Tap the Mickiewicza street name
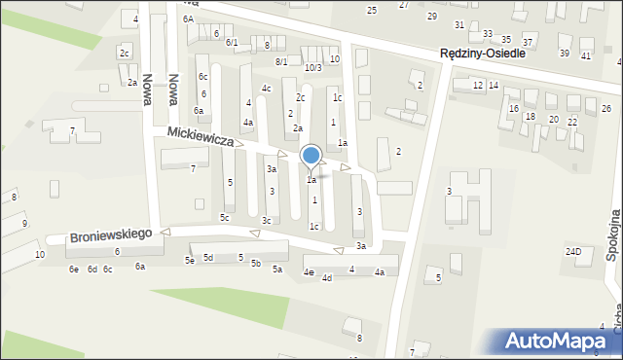click(200, 135)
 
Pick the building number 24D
click(573, 252)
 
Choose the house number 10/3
click(312, 67)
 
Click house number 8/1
click(280, 61)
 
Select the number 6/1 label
click(232, 42)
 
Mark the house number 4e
click(308, 272)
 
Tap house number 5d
click(207, 257)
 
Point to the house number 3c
click(266, 221)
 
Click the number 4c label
click(266, 89)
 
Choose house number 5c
click(224, 217)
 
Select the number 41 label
click(585, 55)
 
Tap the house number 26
click(605, 107)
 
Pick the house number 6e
click(73, 269)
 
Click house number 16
click(513, 108)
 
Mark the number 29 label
click(431, 17)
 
